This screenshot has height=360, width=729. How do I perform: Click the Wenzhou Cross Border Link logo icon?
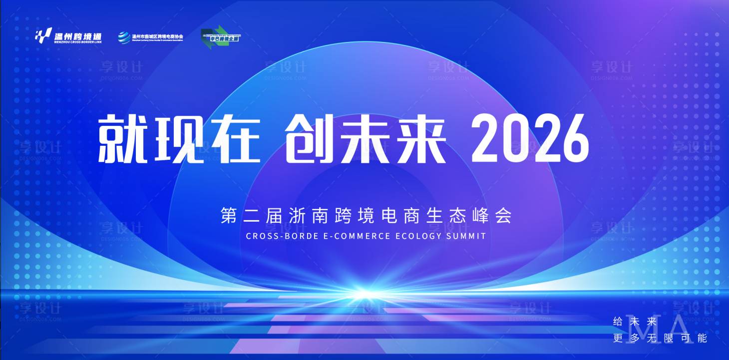pyautogui.click(x=43, y=35)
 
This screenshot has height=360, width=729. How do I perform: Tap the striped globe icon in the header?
pyautogui.click(x=124, y=37)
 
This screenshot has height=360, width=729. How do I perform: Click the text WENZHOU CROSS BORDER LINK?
pyautogui.click(x=78, y=42)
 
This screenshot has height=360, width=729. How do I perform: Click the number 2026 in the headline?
pyautogui.click(x=530, y=137)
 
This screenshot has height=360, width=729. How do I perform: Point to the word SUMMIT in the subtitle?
pyautogui.click(x=467, y=236)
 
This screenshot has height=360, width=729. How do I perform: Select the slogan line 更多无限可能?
pyautogui.click(x=660, y=338)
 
